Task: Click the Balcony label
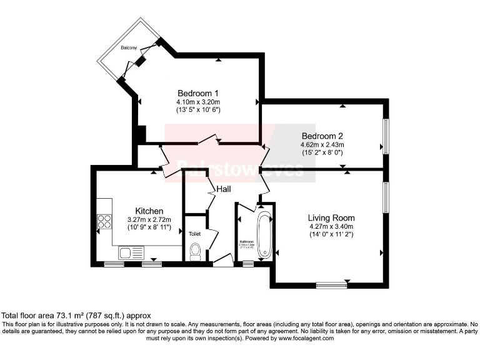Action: pyautogui.click(x=130, y=47)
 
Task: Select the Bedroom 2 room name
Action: pyautogui.click(x=322, y=136)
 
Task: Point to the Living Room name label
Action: pyautogui.click(x=331, y=217)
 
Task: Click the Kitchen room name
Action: pyautogui.click(x=149, y=211)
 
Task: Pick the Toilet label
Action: pyautogui.click(x=194, y=233)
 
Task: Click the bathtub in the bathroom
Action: pyautogui.click(x=265, y=235)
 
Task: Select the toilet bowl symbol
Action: pyautogui.click(x=194, y=251)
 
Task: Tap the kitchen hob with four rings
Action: pyautogui.click(x=104, y=221)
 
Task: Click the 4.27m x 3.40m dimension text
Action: pyautogui.click(x=331, y=227)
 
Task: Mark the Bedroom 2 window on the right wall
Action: pyautogui.click(x=386, y=136)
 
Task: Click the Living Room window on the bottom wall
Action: pyautogui.click(x=331, y=286)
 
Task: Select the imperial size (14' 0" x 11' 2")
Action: pyautogui.click(x=331, y=235)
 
